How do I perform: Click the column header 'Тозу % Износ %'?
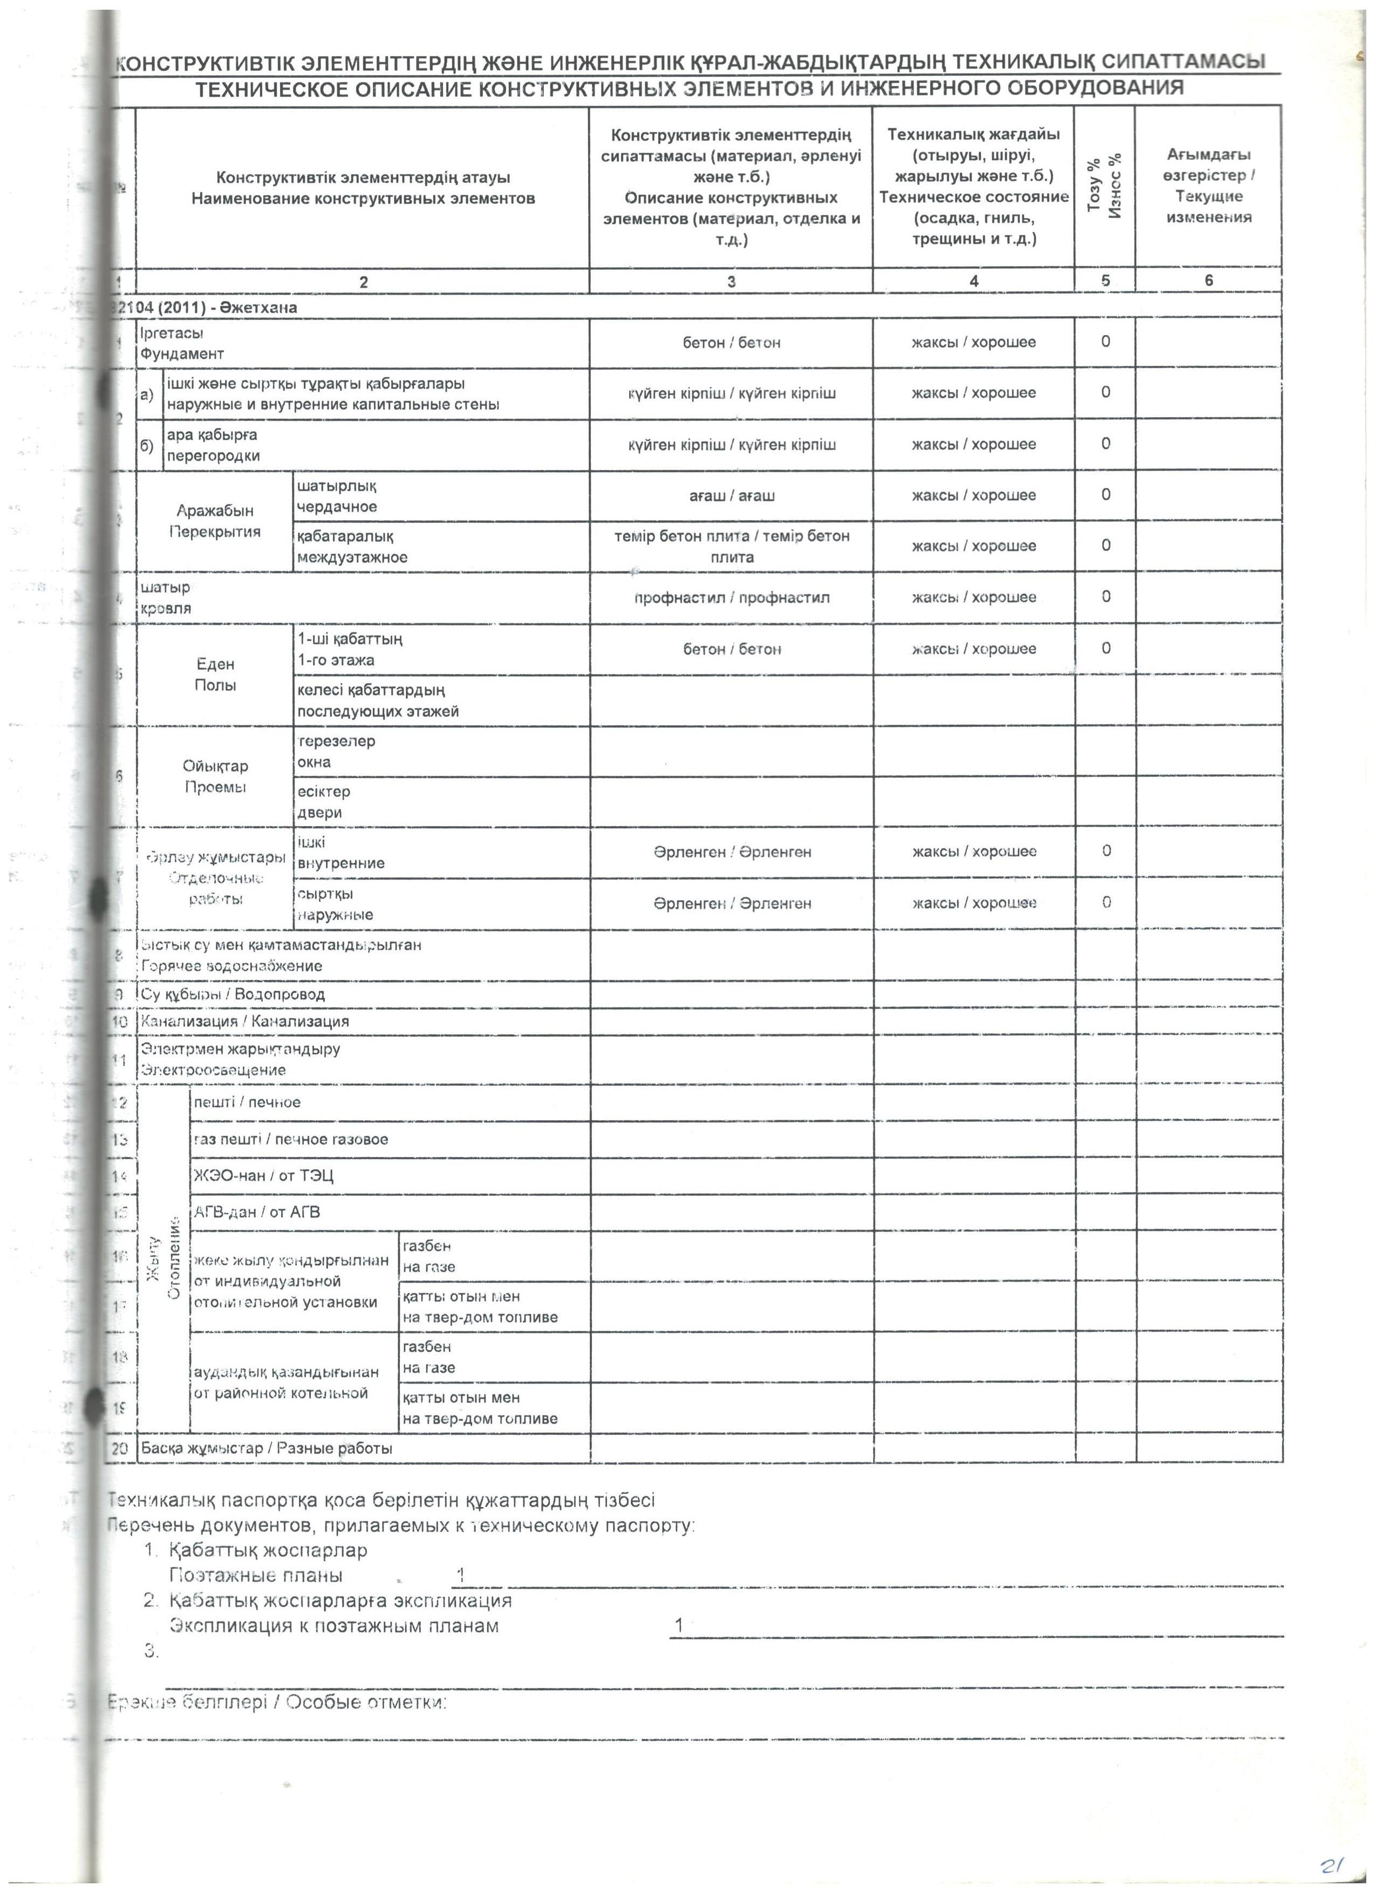pyautogui.click(x=1105, y=186)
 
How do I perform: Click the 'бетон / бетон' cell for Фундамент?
pyautogui.click(x=731, y=343)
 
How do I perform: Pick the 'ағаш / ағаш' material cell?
pyautogui.click(x=731, y=496)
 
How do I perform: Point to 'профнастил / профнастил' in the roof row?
pyautogui.click(x=731, y=597)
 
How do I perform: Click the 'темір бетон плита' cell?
pyautogui.click(x=731, y=546)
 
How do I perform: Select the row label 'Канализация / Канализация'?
pyautogui.click(x=244, y=1022)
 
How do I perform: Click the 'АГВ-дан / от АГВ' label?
pyautogui.click(x=256, y=1212)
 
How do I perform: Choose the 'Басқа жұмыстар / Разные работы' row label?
pyautogui.click(x=266, y=1448)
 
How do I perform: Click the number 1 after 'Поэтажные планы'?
pyautogui.click(x=460, y=1575)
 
